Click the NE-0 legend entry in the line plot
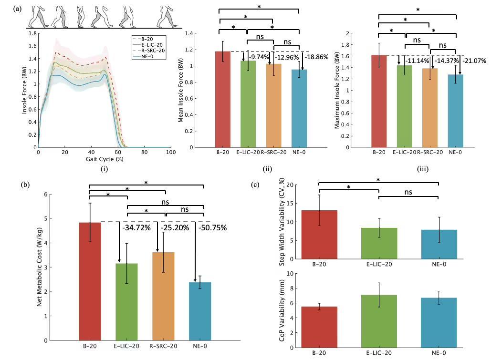point(149,56)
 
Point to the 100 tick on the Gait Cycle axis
point(171,152)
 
